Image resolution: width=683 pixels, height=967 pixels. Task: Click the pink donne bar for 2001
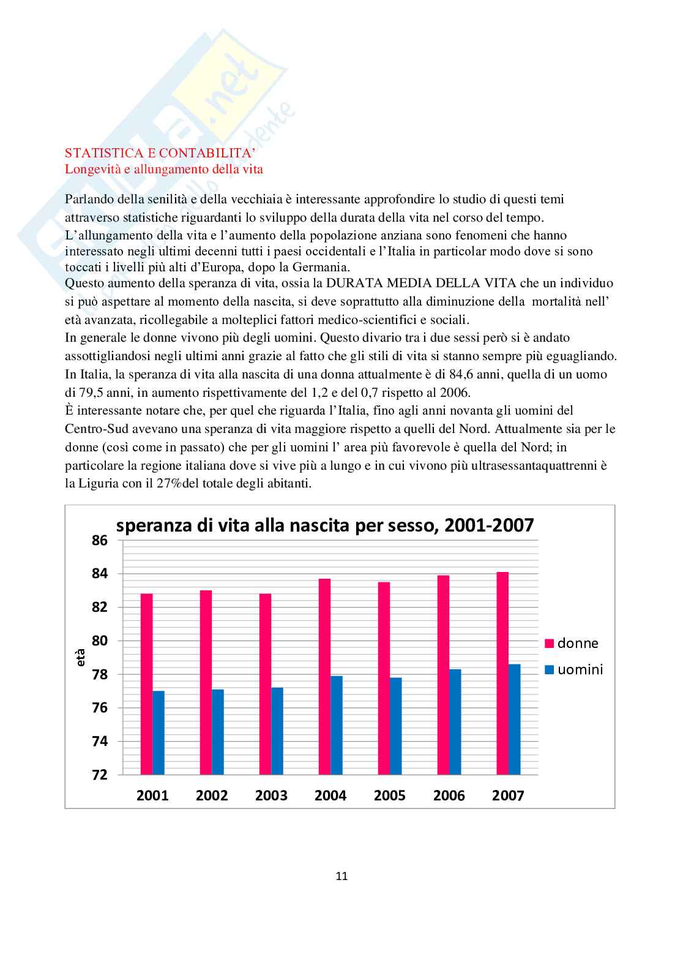146,684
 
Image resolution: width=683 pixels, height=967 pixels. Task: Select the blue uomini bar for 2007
514,720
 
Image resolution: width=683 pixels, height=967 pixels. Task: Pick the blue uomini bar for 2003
277,731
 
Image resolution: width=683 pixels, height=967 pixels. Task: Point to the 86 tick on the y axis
100,540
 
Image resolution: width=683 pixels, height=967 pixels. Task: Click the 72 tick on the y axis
100,775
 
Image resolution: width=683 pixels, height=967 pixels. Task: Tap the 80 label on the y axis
100,641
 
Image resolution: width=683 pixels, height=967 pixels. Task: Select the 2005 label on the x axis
389,796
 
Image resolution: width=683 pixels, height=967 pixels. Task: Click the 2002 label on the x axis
212,796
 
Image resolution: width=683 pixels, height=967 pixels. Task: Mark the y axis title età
81,657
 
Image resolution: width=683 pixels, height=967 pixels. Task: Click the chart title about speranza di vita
325,525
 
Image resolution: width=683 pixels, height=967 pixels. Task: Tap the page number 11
341,876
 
